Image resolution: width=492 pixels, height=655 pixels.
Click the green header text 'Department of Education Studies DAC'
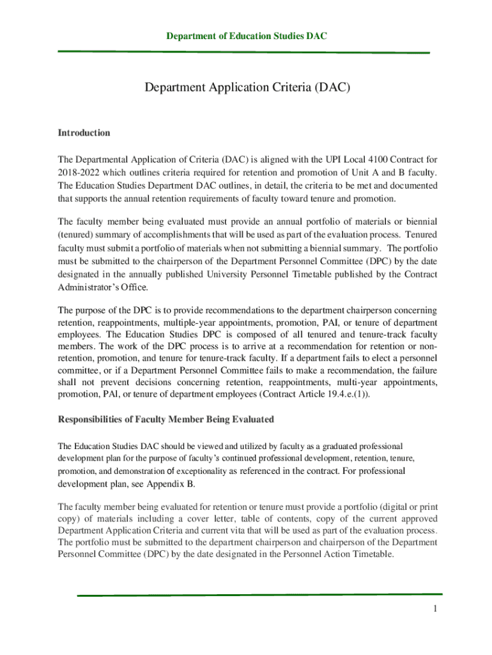(x=247, y=36)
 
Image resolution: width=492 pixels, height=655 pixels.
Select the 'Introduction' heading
(x=84, y=133)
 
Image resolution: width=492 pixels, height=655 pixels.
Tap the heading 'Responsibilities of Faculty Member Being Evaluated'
(x=166, y=420)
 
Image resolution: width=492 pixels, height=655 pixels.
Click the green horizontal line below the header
(x=243, y=52)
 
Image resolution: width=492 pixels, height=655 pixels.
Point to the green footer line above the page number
(x=259, y=595)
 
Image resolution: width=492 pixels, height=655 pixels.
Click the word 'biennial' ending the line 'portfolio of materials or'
(x=420, y=221)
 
